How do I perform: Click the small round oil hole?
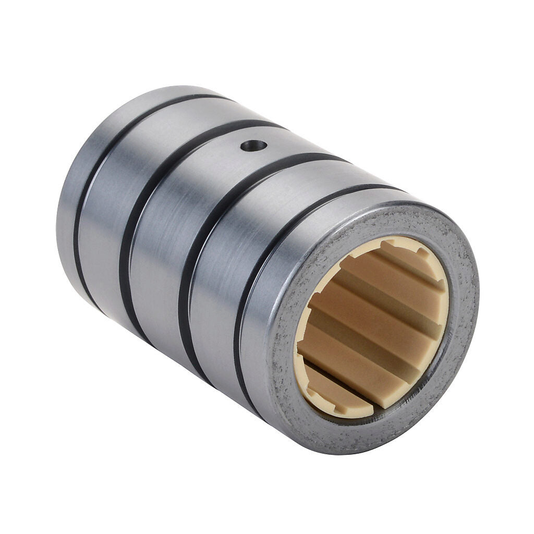254,145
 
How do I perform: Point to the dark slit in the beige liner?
339,381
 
